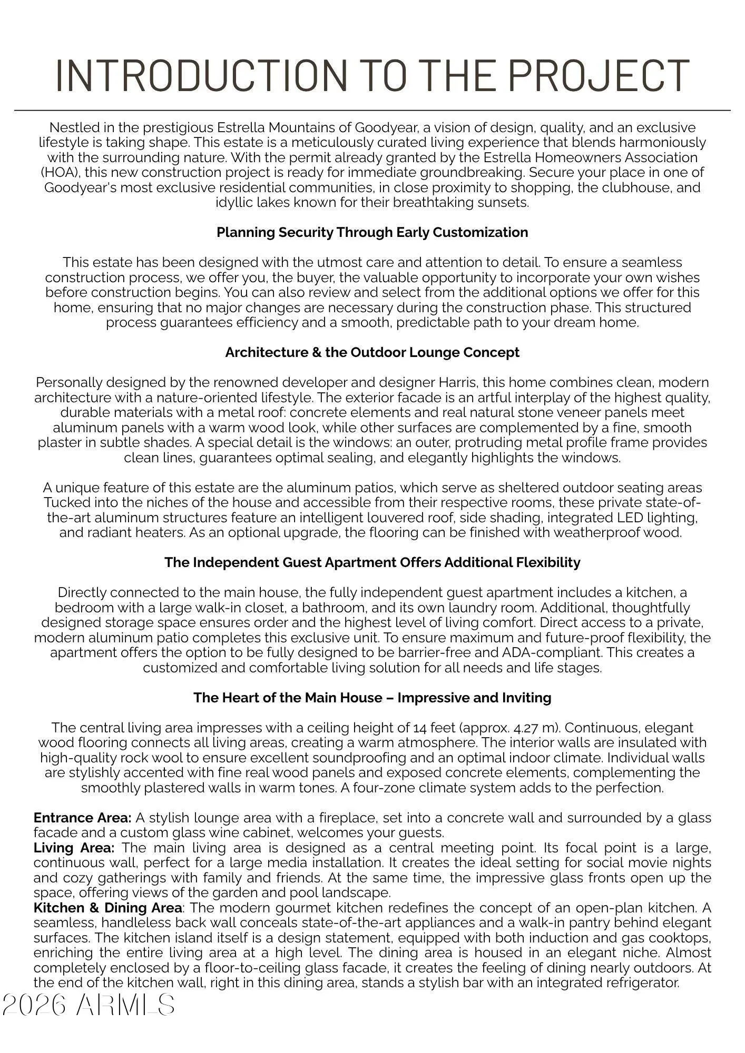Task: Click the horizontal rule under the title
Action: pyautogui.click(x=372, y=111)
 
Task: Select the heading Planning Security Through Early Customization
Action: pyautogui.click(x=372, y=232)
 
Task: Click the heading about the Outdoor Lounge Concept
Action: pyautogui.click(x=372, y=352)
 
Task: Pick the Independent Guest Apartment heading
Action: pyautogui.click(x=372, y=562)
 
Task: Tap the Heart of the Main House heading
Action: pyautogui.click(x=372, y=698)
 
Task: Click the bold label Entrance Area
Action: pyautogui.click(x=82, y=818)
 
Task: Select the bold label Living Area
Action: pyautogui.click(x=74, y=848)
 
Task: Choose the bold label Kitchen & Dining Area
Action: pyautogui.click(x=108, y=908)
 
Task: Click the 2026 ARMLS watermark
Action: pyautogui.click(x=89, y=1005)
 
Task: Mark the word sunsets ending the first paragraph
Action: pyautogui.click(x=504, y=202)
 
